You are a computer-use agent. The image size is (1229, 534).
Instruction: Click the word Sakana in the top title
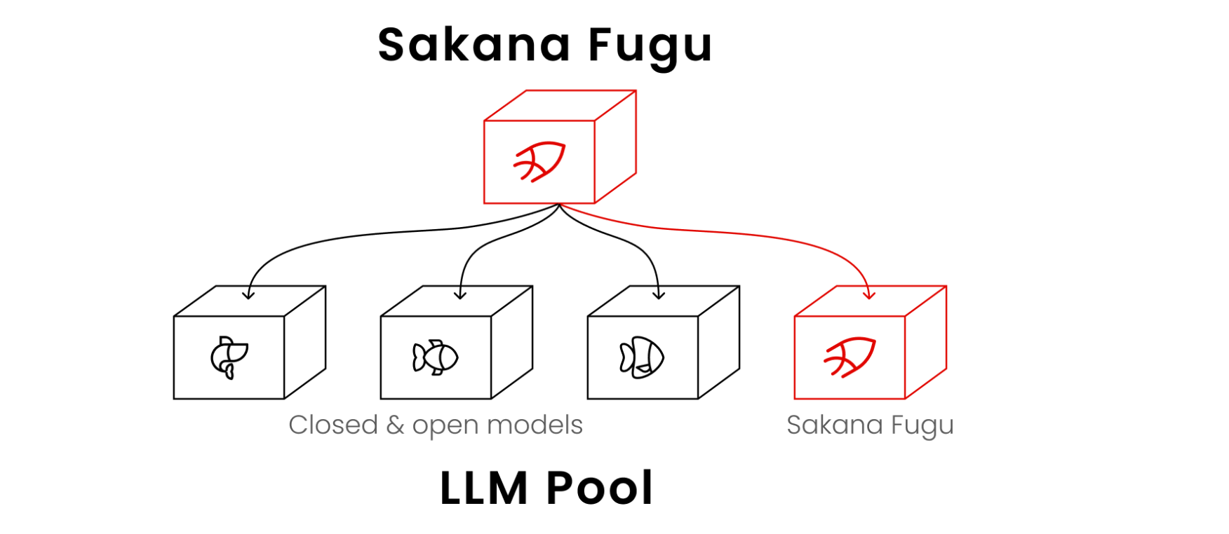click(474, 46)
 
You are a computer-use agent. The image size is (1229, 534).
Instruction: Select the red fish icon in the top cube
click(539, 161)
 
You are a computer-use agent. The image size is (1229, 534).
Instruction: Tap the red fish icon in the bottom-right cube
click(849, 357)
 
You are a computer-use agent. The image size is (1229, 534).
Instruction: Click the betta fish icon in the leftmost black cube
click(229, 357)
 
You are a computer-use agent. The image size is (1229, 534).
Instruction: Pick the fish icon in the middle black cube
click(436, 357)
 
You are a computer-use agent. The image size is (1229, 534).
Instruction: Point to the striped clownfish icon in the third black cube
click(642, 357)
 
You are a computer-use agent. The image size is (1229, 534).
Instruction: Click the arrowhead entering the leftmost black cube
click(248, 294)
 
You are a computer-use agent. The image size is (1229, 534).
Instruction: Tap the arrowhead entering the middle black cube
click(460, 294)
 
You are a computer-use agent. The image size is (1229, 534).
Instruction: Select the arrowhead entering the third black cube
click(658, 294)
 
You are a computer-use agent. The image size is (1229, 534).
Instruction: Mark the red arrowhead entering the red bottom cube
click(869, 294)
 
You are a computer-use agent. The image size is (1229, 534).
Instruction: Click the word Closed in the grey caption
click(333, 425)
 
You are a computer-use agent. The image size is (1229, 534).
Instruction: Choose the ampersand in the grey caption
click(395, 425)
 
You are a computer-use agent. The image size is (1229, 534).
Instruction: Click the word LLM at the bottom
click(484, 488)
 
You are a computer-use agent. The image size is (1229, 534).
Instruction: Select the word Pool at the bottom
click(600, 488)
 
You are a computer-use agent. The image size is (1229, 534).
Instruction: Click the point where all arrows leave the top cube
click(559, 204)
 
